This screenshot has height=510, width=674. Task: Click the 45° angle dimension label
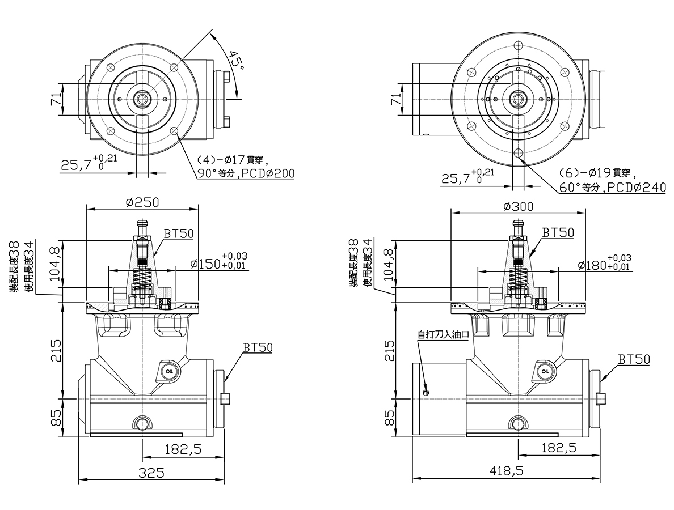(x=237, y=61)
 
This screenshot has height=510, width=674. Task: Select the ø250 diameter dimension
(x=142, y=202)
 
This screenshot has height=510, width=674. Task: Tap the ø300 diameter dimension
(x=518, y=206)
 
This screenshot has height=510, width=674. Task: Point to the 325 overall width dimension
(x=151, y=473)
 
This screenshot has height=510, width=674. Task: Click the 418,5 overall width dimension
(x=506, y=471)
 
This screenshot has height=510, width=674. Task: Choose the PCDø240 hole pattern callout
(x=639, y=187)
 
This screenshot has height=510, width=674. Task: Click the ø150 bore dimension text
(x=205, y=263)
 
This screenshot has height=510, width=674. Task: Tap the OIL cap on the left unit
(x=167, y=372)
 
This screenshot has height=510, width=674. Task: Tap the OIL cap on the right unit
(x=545, y=371)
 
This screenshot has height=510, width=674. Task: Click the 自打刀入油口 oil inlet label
(x=443, y=334)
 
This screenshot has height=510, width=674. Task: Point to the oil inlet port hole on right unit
(x=426, y=392)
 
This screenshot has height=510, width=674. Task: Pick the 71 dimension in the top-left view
(x=56, y=99)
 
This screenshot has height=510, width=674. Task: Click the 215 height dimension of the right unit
(x=389, y=350)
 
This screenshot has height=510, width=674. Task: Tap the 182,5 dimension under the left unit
(x=183, y=449)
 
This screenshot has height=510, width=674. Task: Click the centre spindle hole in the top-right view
(x=517, y=99)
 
